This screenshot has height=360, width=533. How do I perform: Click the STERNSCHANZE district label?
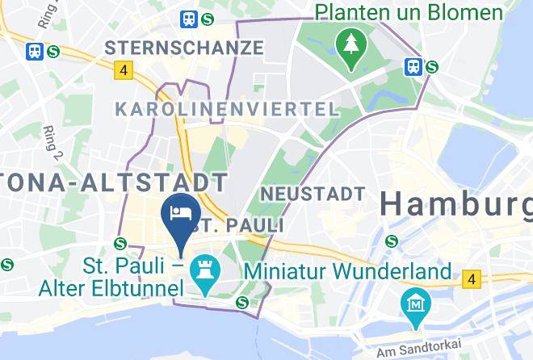pos(184,48)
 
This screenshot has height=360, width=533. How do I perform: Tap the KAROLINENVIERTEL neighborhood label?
pos(226,109)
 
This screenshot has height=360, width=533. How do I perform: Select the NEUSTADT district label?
pos(313,195)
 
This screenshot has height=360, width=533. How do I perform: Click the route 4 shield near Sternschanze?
pos(123,70)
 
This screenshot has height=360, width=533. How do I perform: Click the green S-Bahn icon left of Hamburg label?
pos(392,240)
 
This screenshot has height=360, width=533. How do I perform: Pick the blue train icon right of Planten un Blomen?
pos(414,66)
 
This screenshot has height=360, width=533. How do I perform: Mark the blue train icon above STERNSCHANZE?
pos(189,18)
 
